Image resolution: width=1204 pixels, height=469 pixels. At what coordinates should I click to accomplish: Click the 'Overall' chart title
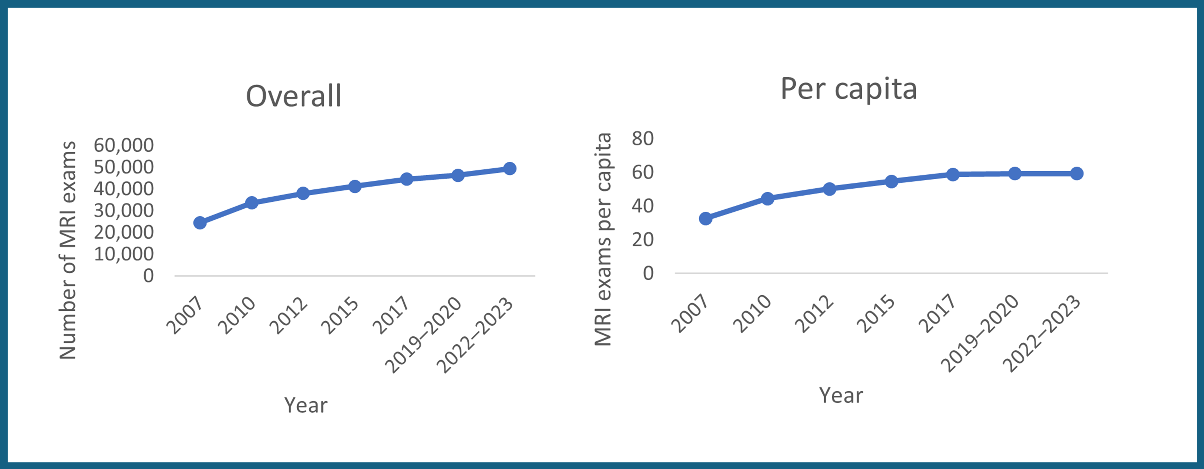[x=294, y=96]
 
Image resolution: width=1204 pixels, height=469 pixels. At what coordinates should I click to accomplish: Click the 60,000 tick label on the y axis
[x=123, y=145]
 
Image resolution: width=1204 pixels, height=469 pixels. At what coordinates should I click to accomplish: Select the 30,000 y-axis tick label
[x=123, y=211]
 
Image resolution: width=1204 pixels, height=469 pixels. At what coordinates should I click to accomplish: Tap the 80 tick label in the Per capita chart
[x=643, y=139]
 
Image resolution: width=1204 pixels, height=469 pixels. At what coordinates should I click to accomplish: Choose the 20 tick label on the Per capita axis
[x=643, y=240]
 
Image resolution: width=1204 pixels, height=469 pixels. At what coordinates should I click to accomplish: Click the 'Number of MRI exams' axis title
[x=68, y=250]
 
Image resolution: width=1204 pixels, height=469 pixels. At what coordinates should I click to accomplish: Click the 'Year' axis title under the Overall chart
[x=306, y=405]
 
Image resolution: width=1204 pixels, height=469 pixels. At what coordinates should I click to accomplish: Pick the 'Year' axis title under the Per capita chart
[x=841, y=395]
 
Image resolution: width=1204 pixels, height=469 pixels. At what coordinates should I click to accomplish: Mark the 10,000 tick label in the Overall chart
[x=123, y=254]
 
